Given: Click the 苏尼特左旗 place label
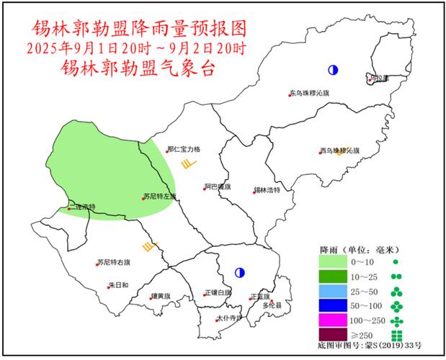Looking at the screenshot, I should pos(159,197).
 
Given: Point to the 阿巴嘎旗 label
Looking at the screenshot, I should pos(217,186).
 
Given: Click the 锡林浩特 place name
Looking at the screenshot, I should pos(266,190).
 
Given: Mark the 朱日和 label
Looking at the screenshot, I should pos(118,286).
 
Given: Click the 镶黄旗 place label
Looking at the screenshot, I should pos(161,296).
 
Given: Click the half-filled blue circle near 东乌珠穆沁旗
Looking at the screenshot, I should pos(333,70).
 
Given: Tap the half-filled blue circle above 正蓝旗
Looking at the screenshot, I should pos(239,273).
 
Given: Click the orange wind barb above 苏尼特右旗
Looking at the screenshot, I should pos(150,247).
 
